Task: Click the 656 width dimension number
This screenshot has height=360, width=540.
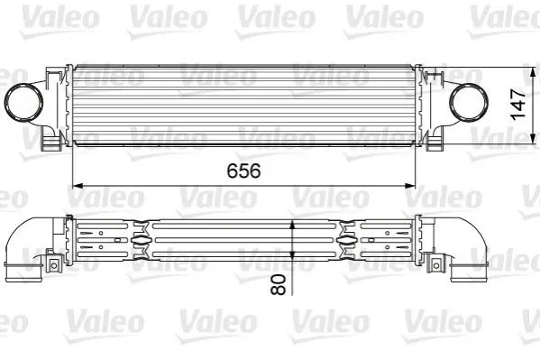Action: tap(243, 171)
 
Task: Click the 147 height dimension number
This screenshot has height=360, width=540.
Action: tap(517, 105)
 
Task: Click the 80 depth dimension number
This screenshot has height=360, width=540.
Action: tap(279, 284)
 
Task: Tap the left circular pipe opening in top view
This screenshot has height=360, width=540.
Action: tap(23, 102)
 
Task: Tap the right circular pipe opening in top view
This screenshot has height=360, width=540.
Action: tap(469, 102)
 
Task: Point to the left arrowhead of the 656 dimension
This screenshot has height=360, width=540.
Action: tap(78, 186)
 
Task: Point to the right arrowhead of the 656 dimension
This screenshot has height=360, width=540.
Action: tap(410, 186)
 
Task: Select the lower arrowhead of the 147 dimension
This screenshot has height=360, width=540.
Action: tap(533, 138)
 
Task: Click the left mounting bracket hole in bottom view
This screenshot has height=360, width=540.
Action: tap(54, 265)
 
